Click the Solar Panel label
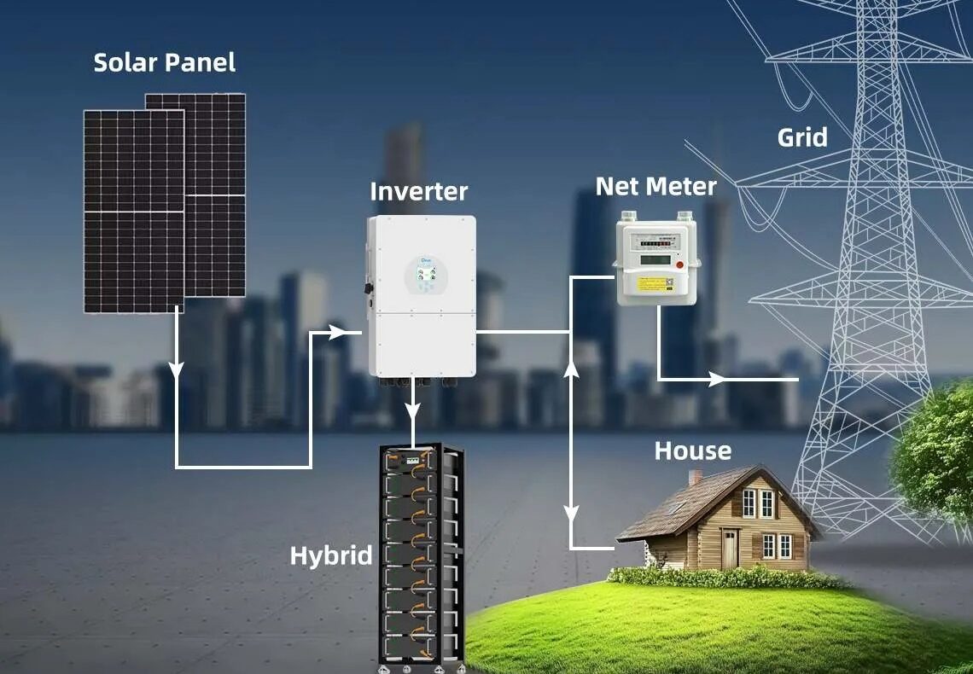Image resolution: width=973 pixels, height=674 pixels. (x=164, y=62)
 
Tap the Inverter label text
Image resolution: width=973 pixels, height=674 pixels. (x=418, y=191)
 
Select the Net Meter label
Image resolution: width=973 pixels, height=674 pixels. (x=655, y=186)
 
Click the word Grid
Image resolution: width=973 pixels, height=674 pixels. (x=801, y=137)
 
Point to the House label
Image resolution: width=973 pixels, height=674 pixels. (x=692, y=450)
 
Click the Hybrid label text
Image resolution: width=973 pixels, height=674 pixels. (x=331, y=556)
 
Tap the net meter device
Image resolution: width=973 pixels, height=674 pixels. (x=656, y=259)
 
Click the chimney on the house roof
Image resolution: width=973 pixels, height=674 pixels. (x=695, y=477)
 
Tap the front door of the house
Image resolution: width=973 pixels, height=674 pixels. (x=730, y=548)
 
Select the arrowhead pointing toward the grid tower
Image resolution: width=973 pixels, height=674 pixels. (x=717, y=378)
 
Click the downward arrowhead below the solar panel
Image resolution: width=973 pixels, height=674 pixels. (x=177, y=371)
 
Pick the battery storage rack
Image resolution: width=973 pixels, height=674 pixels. (x=420, y=555)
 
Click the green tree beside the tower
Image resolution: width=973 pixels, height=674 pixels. (x=935, y=452)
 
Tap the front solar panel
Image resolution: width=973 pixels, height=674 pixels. (x=134, y=211)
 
